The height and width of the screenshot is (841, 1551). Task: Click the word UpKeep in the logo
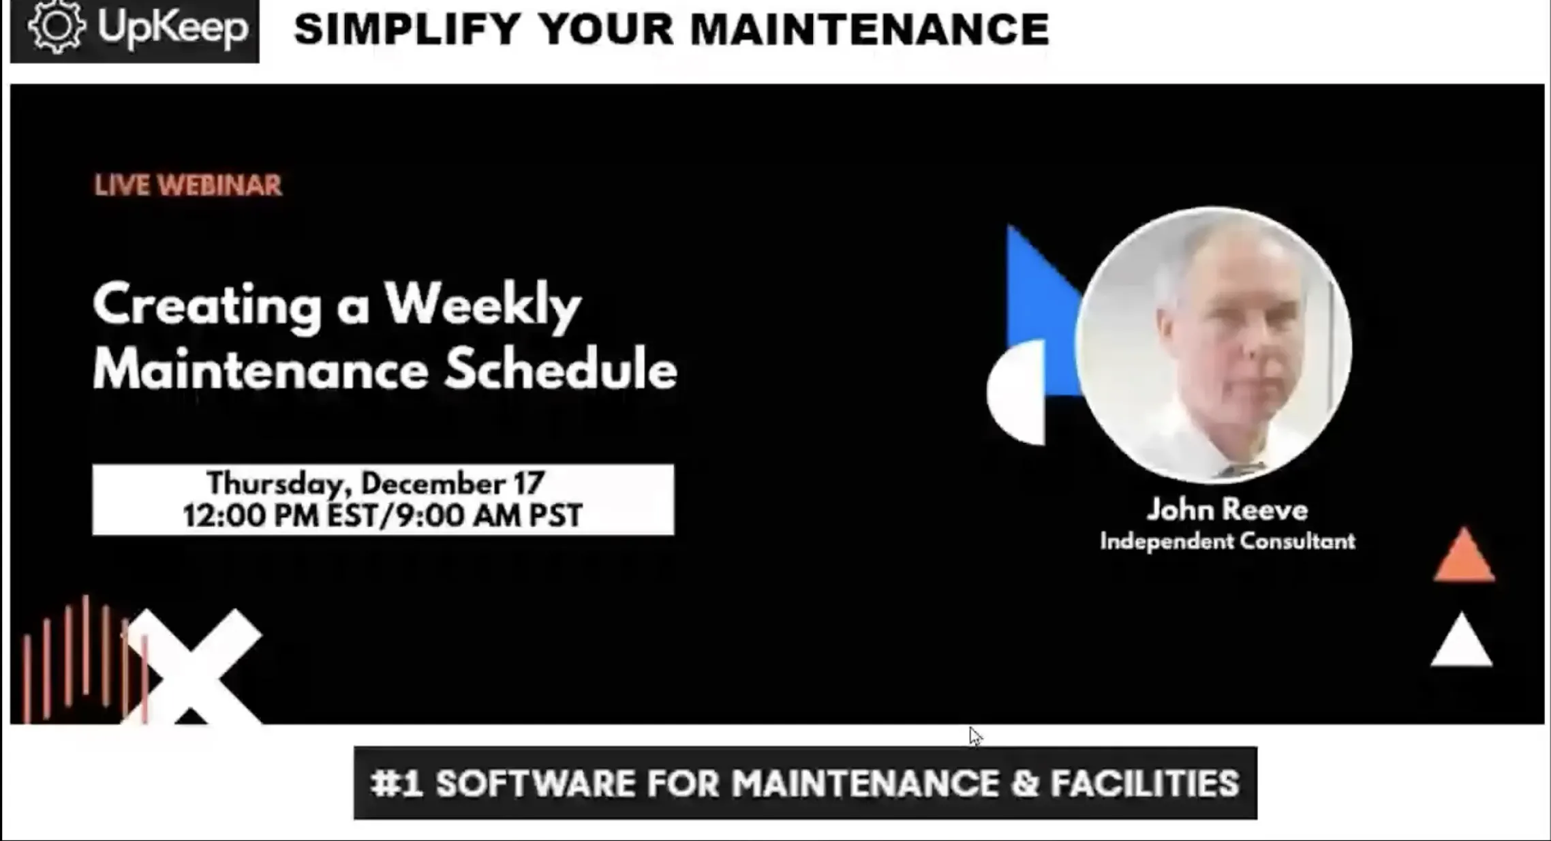pyautogui.click(x=172, y=28)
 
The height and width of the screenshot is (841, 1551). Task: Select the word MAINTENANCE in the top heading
pyautogui.click(x=870, y=29)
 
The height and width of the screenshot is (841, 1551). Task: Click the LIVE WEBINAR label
pyautogui.click(x=188, y=185)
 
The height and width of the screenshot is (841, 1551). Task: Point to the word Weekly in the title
pyautogui.click(x=483, y=306)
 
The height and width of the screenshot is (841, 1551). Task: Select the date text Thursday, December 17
pyautogui.click(x=375, y=483)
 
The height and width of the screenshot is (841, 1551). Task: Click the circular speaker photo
pyautogui.click(x=1214, y=344)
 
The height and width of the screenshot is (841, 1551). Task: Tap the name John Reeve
pyautogui.click(x=1227, y=510)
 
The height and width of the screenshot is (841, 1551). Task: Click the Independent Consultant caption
pyautogui.click(x=1227, y=541)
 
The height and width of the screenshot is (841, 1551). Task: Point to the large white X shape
pyautogui.click(x=191, y=667)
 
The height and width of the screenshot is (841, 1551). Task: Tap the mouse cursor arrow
pyautogui.click(x=975, y=736)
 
